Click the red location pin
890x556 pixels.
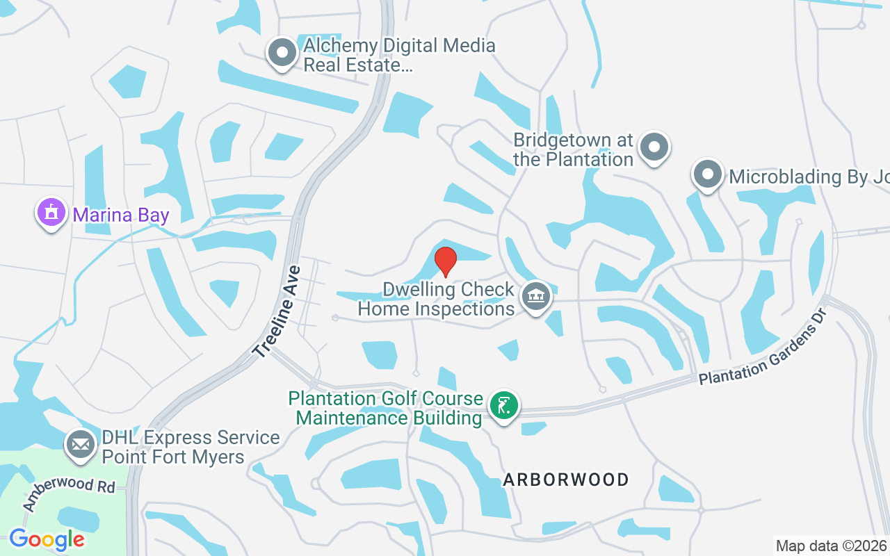pos(445,261)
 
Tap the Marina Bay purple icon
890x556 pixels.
pos(51,213)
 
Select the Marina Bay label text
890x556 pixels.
pos(121,215)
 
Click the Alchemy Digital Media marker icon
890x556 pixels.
pos(282,53)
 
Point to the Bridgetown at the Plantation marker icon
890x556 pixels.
pos(654,147)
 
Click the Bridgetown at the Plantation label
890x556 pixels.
pos(574,149)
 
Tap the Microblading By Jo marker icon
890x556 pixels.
pos(708,174)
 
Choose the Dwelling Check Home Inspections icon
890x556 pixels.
pos(535,297)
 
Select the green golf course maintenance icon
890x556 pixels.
pos(503,405)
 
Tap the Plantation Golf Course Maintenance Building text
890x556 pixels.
pos(386,408)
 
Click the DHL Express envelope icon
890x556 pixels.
pos(81,444)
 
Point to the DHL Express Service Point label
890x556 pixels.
pos(191,447)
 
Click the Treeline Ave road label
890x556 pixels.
pos(277,312)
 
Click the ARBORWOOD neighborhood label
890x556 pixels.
pos(566,480)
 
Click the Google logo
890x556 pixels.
pos(47,539)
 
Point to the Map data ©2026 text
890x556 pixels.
pos(831,546)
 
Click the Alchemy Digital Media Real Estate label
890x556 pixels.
pos(399,56)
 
